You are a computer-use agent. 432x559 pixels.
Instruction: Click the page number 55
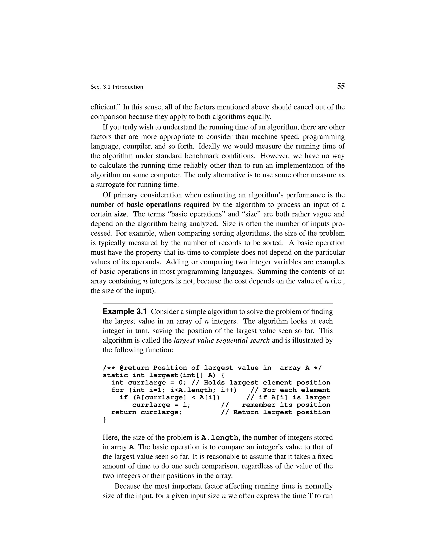(341, 86)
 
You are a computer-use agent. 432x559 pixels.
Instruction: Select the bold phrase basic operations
(154, 205)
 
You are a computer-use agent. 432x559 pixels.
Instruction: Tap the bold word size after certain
(120, 214)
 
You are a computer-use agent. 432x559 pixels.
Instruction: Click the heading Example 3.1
(125, 312)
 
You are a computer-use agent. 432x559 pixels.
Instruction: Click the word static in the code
(115, 375)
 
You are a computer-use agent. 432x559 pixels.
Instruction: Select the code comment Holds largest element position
(267, 383)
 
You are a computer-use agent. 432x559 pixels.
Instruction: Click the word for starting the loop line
(117, 390)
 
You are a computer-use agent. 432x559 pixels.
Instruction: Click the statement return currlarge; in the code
(146, 413)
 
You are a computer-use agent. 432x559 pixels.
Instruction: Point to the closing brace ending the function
(104, 420)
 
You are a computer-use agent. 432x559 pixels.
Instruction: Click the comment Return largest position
(282, 413)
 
